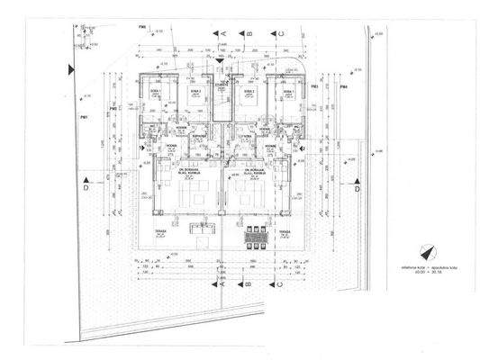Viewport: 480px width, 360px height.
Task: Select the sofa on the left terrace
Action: click(204, 233)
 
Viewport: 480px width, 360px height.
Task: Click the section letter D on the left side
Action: click(85, 191)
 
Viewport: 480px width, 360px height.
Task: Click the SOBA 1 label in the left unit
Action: click(154, 92)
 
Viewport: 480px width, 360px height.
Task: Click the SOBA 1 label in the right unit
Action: click(288, 92)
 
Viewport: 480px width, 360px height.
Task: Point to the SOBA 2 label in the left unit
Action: click(193, 92)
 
